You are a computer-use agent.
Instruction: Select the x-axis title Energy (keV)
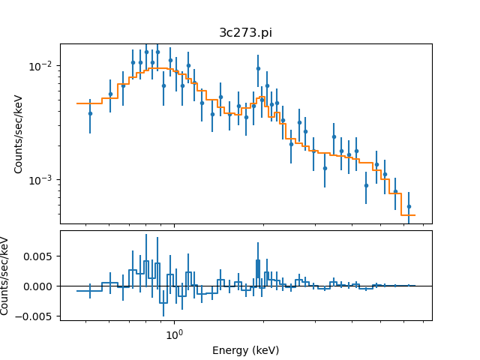(x=245, y=350)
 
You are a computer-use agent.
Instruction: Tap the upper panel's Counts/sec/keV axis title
(x=19, y=133)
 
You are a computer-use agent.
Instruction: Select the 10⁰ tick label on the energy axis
(x=174, y=335)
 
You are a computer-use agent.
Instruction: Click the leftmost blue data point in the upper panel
(x=90, y=113)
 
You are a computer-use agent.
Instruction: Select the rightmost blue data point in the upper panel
(x=409, y=206)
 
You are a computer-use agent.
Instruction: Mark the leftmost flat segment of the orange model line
(x=89, y=103)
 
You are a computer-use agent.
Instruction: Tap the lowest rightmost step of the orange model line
(x=408, y=215)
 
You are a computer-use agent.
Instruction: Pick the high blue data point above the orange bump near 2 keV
(x=258, y=68)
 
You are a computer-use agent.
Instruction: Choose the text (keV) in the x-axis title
(x=265, y=350)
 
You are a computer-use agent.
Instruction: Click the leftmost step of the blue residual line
(x=89, y=290)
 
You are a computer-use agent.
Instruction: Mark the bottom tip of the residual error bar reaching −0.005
(x=163, y=315)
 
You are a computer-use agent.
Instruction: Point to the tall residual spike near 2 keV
(x=258, y=259)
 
